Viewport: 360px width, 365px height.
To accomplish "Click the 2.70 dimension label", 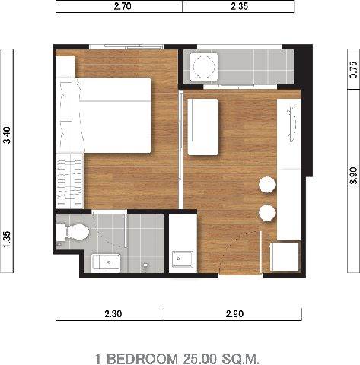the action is tap(123, 6).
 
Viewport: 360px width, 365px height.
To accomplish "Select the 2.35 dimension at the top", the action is tap(239, 6).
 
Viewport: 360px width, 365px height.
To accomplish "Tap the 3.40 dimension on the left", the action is tap(7, 135).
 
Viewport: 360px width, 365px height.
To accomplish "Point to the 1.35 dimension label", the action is tap(7, 240).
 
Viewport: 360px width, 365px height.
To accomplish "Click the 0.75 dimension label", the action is tap(353, 70).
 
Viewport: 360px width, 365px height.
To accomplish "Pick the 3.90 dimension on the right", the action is tap(353, 175).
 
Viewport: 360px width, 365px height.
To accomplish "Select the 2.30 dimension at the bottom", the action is tap(113, 314).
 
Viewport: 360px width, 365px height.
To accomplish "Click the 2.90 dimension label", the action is tap(234, 314).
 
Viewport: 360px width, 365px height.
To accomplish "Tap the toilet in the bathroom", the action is tap(72, 232).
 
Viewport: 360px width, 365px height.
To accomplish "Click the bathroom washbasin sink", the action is tap(106, 262).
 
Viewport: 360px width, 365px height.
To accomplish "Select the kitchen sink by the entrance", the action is tap(183, 259).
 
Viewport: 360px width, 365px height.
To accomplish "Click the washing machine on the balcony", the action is tap(204, 67).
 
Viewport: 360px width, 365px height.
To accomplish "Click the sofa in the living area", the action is tap(203, 127).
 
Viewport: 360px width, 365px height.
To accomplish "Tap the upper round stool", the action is tap(267, 185).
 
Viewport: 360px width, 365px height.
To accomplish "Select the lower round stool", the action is tap(267, 213).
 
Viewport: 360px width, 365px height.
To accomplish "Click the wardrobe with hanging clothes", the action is tap(69, 181).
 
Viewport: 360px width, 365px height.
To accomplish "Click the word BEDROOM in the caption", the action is tap(142, 359).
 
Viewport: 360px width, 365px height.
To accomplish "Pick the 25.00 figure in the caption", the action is tap(200, 359).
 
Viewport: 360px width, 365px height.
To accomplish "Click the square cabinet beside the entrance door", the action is tap(285, 257).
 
